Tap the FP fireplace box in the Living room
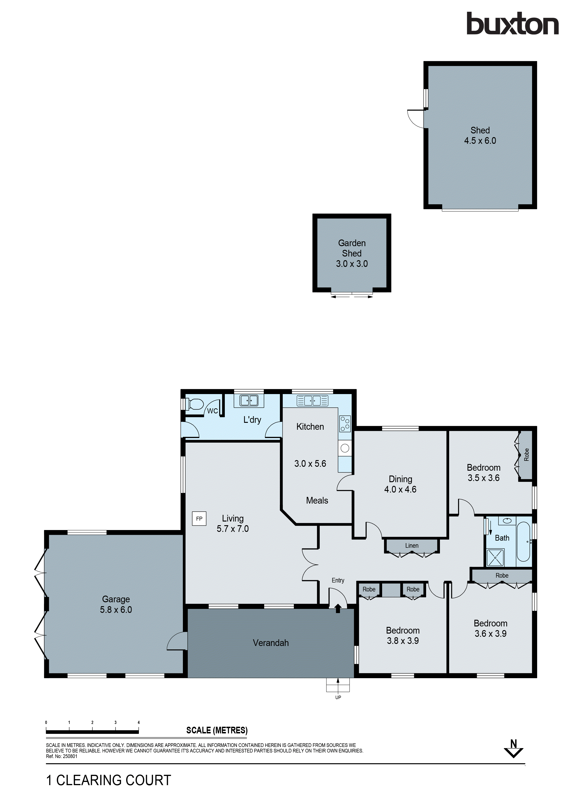coord(199,519)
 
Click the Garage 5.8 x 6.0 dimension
coord(116,609)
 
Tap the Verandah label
coord(271,643)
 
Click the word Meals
coord(317,501)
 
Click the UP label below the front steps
coord(338,697)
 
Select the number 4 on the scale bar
coord(139,723)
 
